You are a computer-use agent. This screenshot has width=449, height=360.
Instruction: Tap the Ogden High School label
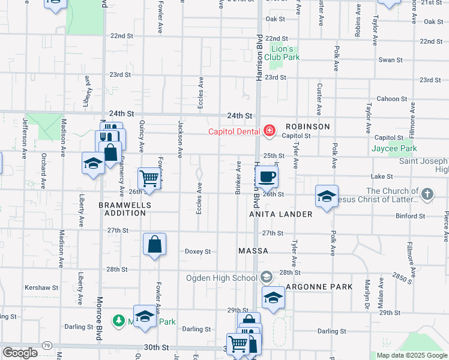(x=229, y=277)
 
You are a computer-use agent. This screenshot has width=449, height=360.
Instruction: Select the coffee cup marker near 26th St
(x=268, y=177)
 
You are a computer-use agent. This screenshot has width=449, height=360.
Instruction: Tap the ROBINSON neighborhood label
(x=307, y=127)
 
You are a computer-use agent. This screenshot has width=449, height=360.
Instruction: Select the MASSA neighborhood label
(x=253, y=251)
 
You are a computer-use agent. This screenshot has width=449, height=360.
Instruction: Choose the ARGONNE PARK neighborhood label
(x=319, y=287)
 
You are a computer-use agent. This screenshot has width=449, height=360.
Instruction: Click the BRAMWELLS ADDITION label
(x=125, y=208)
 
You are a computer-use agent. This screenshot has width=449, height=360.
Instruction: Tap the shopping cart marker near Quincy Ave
(x=148, y=178)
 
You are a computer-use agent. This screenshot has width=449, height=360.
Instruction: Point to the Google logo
(x=20, y=353)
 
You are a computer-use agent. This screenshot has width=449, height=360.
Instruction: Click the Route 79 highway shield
(x=47, y=345)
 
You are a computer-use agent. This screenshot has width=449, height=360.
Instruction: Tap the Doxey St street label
(x=197, y=251)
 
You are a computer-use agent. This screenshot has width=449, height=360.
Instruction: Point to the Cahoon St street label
(x=392, y=99)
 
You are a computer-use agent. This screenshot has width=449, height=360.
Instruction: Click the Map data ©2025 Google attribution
(x=411, y=355)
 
